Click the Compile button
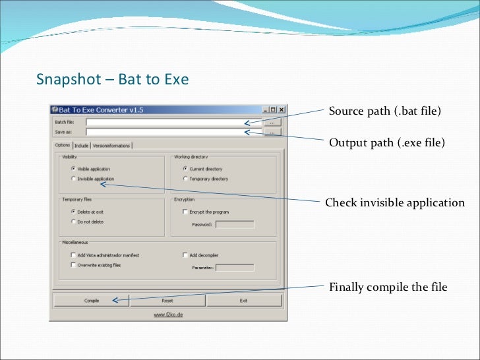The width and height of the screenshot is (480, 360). tap(91, 301)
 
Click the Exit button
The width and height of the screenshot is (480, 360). tap(243, 301)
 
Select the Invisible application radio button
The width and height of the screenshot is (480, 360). tap(73, 179)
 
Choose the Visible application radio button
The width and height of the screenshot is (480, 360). tap(73, 169)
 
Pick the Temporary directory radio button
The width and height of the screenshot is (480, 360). tap(185, 179)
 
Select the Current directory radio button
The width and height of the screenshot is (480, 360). tap(185, 169)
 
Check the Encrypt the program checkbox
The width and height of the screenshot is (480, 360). tap(185, 212)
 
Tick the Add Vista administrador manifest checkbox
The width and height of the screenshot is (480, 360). tap(73, 255)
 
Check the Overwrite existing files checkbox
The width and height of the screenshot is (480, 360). tap(73, 265)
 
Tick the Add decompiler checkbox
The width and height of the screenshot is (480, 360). tap(185, 255)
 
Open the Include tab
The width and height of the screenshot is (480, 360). tap(81, 146)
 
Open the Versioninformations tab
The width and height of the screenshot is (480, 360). tap(111, 146)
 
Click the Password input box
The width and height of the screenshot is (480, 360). tap(234, 225)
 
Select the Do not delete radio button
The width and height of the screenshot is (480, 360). tap(73, 222)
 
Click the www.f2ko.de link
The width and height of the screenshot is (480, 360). tap(168, 315)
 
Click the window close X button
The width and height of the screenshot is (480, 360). tap(282, 110)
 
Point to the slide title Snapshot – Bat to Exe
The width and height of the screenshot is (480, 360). tap(112, 80)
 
